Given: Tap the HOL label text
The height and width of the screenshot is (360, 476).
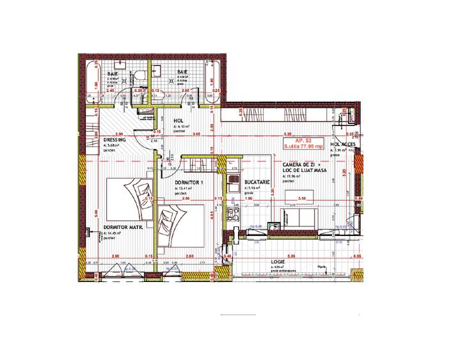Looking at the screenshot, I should click(x=178, y=120).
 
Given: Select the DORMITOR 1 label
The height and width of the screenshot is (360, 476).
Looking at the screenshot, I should click(x=189, y=182).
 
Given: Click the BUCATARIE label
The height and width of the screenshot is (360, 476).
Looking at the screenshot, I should click(x=257, y=182).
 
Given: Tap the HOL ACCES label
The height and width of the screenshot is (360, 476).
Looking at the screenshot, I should click(x=343, y=145).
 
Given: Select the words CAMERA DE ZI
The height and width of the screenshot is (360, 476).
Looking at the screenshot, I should click(x=301, y=164).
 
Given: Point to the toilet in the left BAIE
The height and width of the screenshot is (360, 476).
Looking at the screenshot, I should click(x=139, y=76).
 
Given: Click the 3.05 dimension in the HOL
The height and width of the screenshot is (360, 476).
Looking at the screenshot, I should click(x=197, y=135).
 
